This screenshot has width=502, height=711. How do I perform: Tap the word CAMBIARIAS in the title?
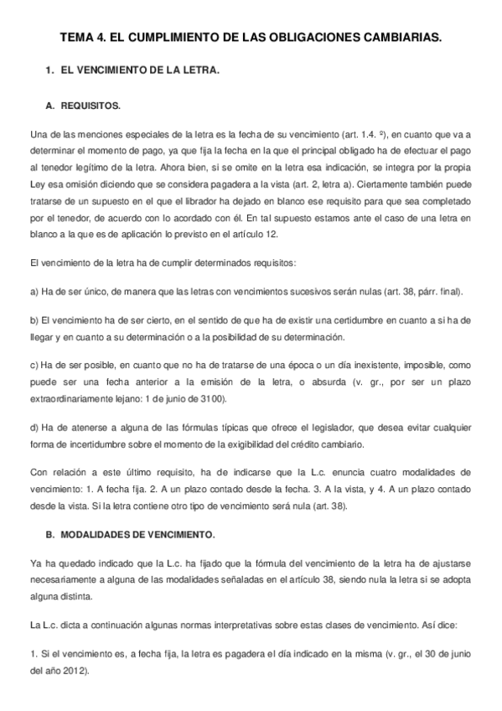(x=396, y=39)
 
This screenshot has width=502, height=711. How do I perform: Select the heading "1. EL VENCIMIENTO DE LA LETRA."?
(x=132, y=72)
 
